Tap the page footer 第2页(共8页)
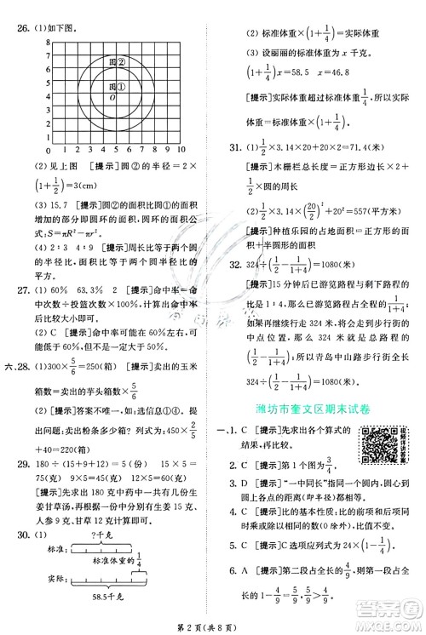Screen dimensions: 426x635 coord(214,624)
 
